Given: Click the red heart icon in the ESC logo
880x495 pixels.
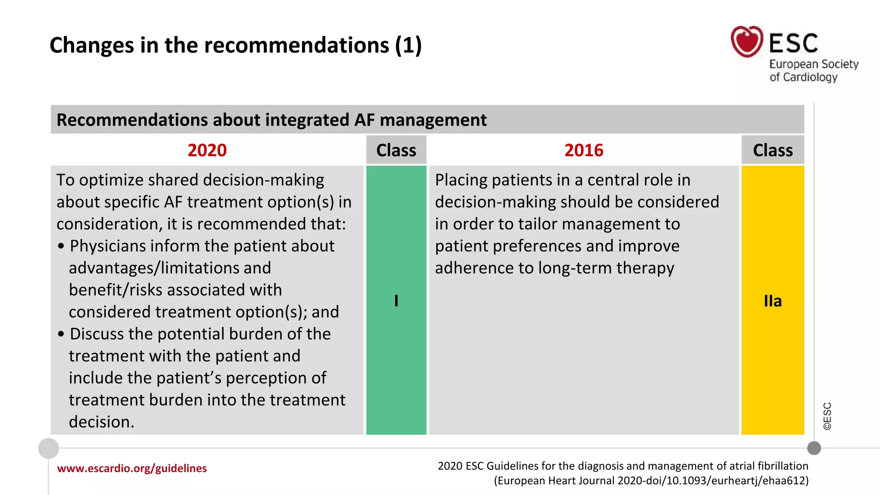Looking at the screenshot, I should (x=747, y=42).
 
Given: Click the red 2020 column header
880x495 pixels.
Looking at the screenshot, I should (x=207, y=150).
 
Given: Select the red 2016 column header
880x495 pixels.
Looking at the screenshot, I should (x=584, y=150).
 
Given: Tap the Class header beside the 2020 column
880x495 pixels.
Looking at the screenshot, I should (x=396, y=150).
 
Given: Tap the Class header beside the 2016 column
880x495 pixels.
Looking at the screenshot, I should (x=773, y=150).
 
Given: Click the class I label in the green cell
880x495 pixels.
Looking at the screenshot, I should (x=396, y=301).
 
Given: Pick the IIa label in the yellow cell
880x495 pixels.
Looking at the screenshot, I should (x=773, y=301).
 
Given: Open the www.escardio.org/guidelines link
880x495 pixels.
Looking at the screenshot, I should (x=132, y=468).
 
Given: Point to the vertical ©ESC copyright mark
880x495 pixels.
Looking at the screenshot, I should (x=827, y=416).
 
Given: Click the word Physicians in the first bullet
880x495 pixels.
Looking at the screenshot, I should (x=108, y=246).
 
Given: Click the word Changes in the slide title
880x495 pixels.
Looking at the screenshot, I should (x=92, y=45).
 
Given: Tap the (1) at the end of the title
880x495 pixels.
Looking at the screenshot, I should (x=408, y=45).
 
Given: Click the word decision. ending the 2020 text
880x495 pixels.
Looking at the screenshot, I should (x=101, y=422).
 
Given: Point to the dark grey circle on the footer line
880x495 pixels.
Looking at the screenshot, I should (x=814, y=448).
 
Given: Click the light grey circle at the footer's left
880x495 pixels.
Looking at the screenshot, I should (x=49, y=448).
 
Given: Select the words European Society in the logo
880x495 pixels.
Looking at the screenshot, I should (x=813, y=64).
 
